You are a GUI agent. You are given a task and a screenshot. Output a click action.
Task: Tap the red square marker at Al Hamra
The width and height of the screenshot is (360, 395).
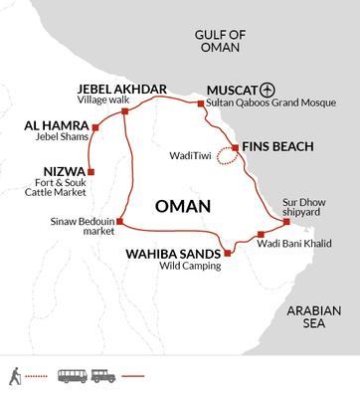(95, 127)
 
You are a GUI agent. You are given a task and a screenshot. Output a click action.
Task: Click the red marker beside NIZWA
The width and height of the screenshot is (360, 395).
(90, 170)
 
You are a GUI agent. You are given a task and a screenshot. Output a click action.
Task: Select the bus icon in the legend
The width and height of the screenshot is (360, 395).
(72, 377)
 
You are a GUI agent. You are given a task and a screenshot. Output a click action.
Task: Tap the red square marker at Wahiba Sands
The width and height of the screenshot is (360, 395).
(228, 254)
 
